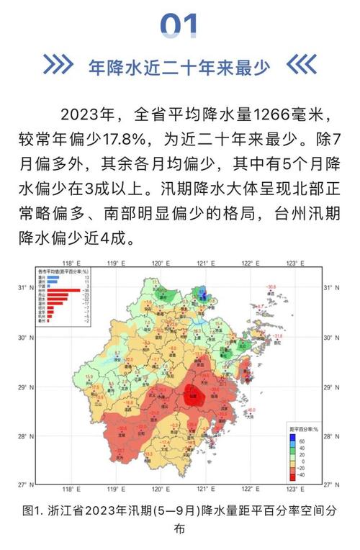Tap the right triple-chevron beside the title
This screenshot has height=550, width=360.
pos(301,67)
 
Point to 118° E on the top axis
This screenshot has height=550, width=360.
pos(69,263)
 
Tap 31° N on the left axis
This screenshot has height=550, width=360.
pos(25,288)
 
